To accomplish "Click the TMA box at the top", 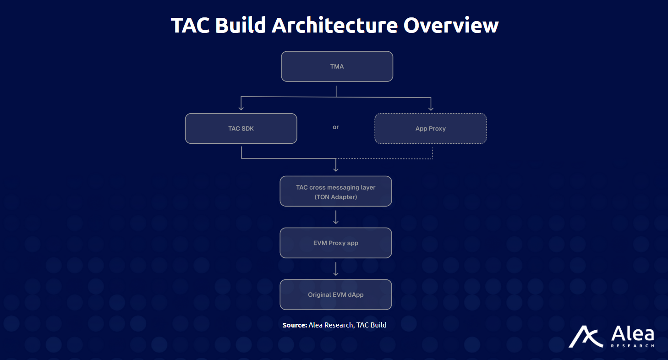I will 337,66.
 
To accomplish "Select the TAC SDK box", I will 241,129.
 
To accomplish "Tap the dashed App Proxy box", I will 430,129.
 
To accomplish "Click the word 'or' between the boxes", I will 336,127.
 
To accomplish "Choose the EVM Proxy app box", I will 336,243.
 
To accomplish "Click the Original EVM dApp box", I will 336,295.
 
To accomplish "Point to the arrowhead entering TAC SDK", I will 241,109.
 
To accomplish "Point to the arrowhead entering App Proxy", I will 431,109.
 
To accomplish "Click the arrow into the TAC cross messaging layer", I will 336,168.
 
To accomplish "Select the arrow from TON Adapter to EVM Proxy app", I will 336,218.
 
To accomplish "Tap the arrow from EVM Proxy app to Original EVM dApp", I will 336,270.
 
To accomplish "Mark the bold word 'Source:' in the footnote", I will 295,325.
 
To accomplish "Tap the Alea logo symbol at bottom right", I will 586,337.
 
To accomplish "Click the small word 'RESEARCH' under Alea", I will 632,346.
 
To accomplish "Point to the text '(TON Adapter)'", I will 336,197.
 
